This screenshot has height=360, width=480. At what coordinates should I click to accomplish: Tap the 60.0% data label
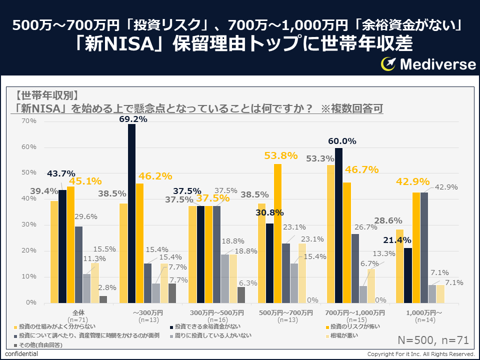click(342, 141)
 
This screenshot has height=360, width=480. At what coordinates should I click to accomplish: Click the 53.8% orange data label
click(280, 155)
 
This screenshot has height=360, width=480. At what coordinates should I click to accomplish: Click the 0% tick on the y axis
click(31, 302)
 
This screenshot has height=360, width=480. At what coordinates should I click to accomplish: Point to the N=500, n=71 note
click(433, 340)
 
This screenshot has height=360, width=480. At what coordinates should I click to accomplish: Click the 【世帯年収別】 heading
click(46, 95)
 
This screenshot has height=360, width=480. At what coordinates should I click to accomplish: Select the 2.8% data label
click(107, 287)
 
